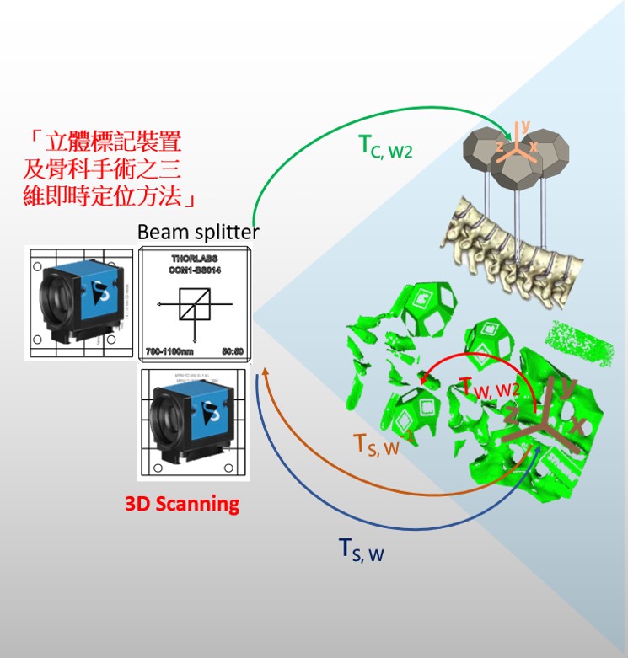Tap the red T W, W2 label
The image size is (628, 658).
[x=496, y=388]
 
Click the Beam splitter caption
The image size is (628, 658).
[x=198, y=231]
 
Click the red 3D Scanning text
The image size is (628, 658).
[x=182, y=504]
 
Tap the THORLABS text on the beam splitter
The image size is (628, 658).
[x=195, y=259]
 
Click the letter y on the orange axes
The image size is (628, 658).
[x=525, y=127]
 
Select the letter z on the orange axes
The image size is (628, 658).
[x=500, y=147]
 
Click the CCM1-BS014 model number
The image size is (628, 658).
[x=195, y=270]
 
